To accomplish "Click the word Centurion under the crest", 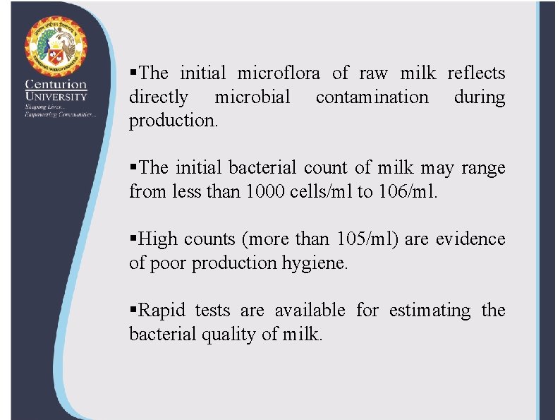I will [56, 85].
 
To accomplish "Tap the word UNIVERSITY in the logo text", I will [56, 97].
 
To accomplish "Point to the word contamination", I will [372, 97].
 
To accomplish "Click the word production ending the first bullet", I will [173, 121].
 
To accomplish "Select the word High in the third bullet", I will [159, 239].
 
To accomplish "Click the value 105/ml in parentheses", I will [367, 239].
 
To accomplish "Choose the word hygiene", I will [315, 263].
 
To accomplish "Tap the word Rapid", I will [164, 311].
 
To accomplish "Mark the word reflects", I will [476, 73].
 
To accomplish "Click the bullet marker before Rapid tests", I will [133, 311].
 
